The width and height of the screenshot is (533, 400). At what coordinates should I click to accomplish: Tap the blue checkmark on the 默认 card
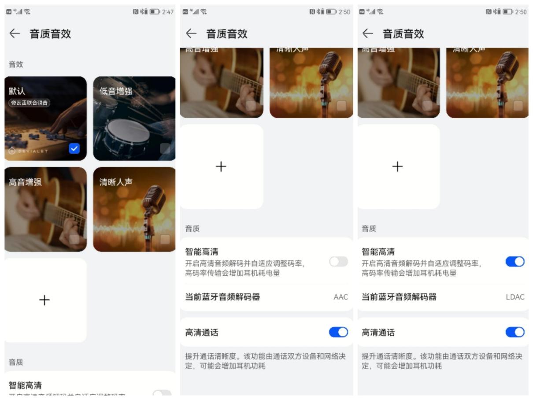[x=74, y=148]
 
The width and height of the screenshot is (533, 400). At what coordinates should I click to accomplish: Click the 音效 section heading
[x=16, y=65]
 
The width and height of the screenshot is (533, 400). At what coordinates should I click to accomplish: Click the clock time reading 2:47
[x=168, y=12]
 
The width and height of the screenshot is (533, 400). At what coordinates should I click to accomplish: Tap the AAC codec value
[x=341, y=297]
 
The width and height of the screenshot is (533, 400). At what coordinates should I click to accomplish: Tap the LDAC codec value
[x=515, y=297]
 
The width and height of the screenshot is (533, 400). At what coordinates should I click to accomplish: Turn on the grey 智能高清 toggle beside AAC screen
[x=338, y=262]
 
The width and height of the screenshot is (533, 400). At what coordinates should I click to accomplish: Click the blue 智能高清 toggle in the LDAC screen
[x=515, y=262]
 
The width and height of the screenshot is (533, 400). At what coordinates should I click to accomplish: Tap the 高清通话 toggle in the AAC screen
[x=338, y=332]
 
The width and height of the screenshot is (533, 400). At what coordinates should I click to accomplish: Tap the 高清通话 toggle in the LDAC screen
[x=515, y=332]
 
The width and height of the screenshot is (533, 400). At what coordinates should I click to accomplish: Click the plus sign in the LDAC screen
[x=397, y=167]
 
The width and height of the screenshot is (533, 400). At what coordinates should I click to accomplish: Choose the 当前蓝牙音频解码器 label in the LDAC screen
[x=399, y=297]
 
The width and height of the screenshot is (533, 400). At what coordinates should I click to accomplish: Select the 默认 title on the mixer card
[x=17, y=91]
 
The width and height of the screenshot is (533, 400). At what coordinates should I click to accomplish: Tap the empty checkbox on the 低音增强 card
[x=165, y=148]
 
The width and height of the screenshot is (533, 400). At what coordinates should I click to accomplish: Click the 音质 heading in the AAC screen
[x=192, y=229]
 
